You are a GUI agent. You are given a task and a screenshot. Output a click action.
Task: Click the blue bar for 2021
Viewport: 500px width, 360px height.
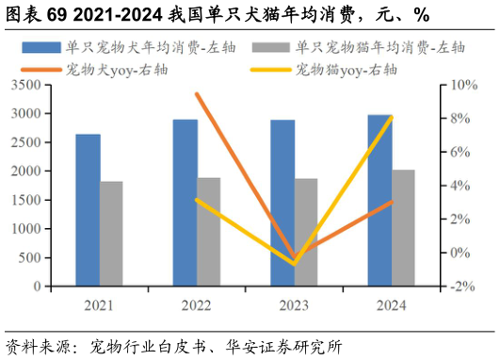tap(88, 210)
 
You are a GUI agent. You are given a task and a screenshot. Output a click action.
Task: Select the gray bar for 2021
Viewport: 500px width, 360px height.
tap(111, 234)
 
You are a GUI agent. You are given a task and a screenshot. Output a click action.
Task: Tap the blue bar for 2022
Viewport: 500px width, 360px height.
tap(185, 203)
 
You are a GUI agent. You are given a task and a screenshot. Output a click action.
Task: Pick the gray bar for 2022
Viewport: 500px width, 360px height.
tap(209, 232)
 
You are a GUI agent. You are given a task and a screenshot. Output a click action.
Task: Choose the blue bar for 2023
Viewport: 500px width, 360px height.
tap(282, 203)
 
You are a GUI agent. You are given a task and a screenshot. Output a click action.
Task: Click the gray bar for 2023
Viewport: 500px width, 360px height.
tap(306, 233)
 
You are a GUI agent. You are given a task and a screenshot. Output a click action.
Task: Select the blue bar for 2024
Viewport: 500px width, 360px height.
tap(379, 201)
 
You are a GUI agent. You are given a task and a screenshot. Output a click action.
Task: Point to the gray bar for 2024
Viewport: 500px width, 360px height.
tap(403, 228)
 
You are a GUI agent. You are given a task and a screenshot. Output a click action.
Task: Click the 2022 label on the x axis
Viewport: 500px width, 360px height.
tap(196, 305)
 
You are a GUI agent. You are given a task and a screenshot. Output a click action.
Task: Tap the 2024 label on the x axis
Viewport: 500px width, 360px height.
tap(391, 305)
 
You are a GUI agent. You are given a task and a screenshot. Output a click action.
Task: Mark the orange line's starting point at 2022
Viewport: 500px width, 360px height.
tap(196, 93)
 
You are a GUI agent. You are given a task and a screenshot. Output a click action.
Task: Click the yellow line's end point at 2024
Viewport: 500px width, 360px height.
tap(391, 117)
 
